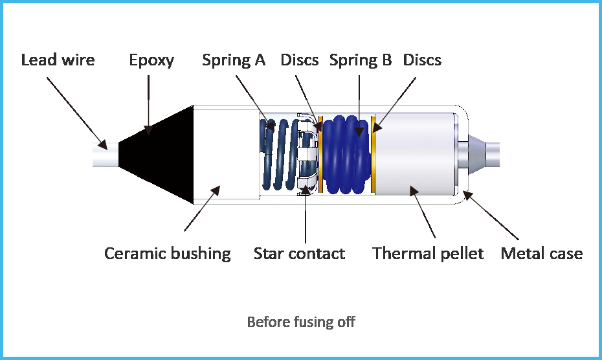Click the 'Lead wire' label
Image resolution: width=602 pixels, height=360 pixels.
pos(58,60)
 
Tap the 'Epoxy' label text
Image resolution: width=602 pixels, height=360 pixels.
pos(151,61)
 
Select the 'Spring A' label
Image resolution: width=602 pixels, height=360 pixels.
pos(234,61)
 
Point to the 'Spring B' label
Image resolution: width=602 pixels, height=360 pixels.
pos(361,61)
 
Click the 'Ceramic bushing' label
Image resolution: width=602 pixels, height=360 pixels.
pos(168,254)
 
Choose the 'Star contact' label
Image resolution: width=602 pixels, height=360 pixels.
pos(299,254)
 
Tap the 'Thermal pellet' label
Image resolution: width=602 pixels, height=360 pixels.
pos(428,254)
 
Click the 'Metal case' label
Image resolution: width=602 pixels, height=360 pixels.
pos(542,254)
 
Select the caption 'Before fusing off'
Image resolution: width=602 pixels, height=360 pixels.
pos(301,322)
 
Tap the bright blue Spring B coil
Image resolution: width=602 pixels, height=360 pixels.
pos(347,155)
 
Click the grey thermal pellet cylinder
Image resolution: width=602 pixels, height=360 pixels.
pos(415,155)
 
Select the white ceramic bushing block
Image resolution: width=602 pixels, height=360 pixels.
pos(227,155)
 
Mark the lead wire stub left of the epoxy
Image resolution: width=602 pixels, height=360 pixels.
pos(106,155)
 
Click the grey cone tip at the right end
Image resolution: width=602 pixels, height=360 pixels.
pos(478,155)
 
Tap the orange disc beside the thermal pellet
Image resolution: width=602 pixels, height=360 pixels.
pos(373,155)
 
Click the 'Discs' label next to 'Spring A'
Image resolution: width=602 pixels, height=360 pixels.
pos(300,60)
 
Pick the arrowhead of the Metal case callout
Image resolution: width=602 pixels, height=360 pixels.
pos(467,195)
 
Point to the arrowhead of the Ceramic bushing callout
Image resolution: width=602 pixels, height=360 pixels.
pos(215,191)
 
